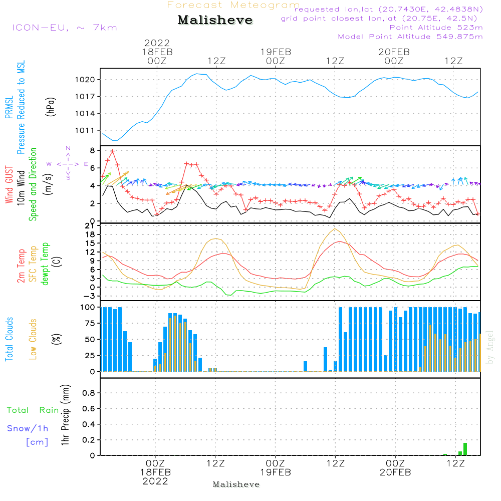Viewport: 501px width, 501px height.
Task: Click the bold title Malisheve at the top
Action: (x=215, y=21)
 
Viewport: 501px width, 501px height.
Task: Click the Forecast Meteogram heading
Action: (x=233, y=5)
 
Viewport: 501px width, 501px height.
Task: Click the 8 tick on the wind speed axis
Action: (x=92, y=150)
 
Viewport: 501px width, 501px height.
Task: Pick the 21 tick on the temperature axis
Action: (x=90, y=226)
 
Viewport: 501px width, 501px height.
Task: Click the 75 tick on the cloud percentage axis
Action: (x=89, y=323)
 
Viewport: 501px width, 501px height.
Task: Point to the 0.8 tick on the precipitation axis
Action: (x=88, y=393)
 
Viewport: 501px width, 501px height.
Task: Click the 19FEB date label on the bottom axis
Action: (x=275, y=472)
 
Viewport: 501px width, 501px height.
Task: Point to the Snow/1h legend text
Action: (x=28, y=428)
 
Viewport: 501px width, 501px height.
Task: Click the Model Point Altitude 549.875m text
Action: (x=410, y=37)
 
